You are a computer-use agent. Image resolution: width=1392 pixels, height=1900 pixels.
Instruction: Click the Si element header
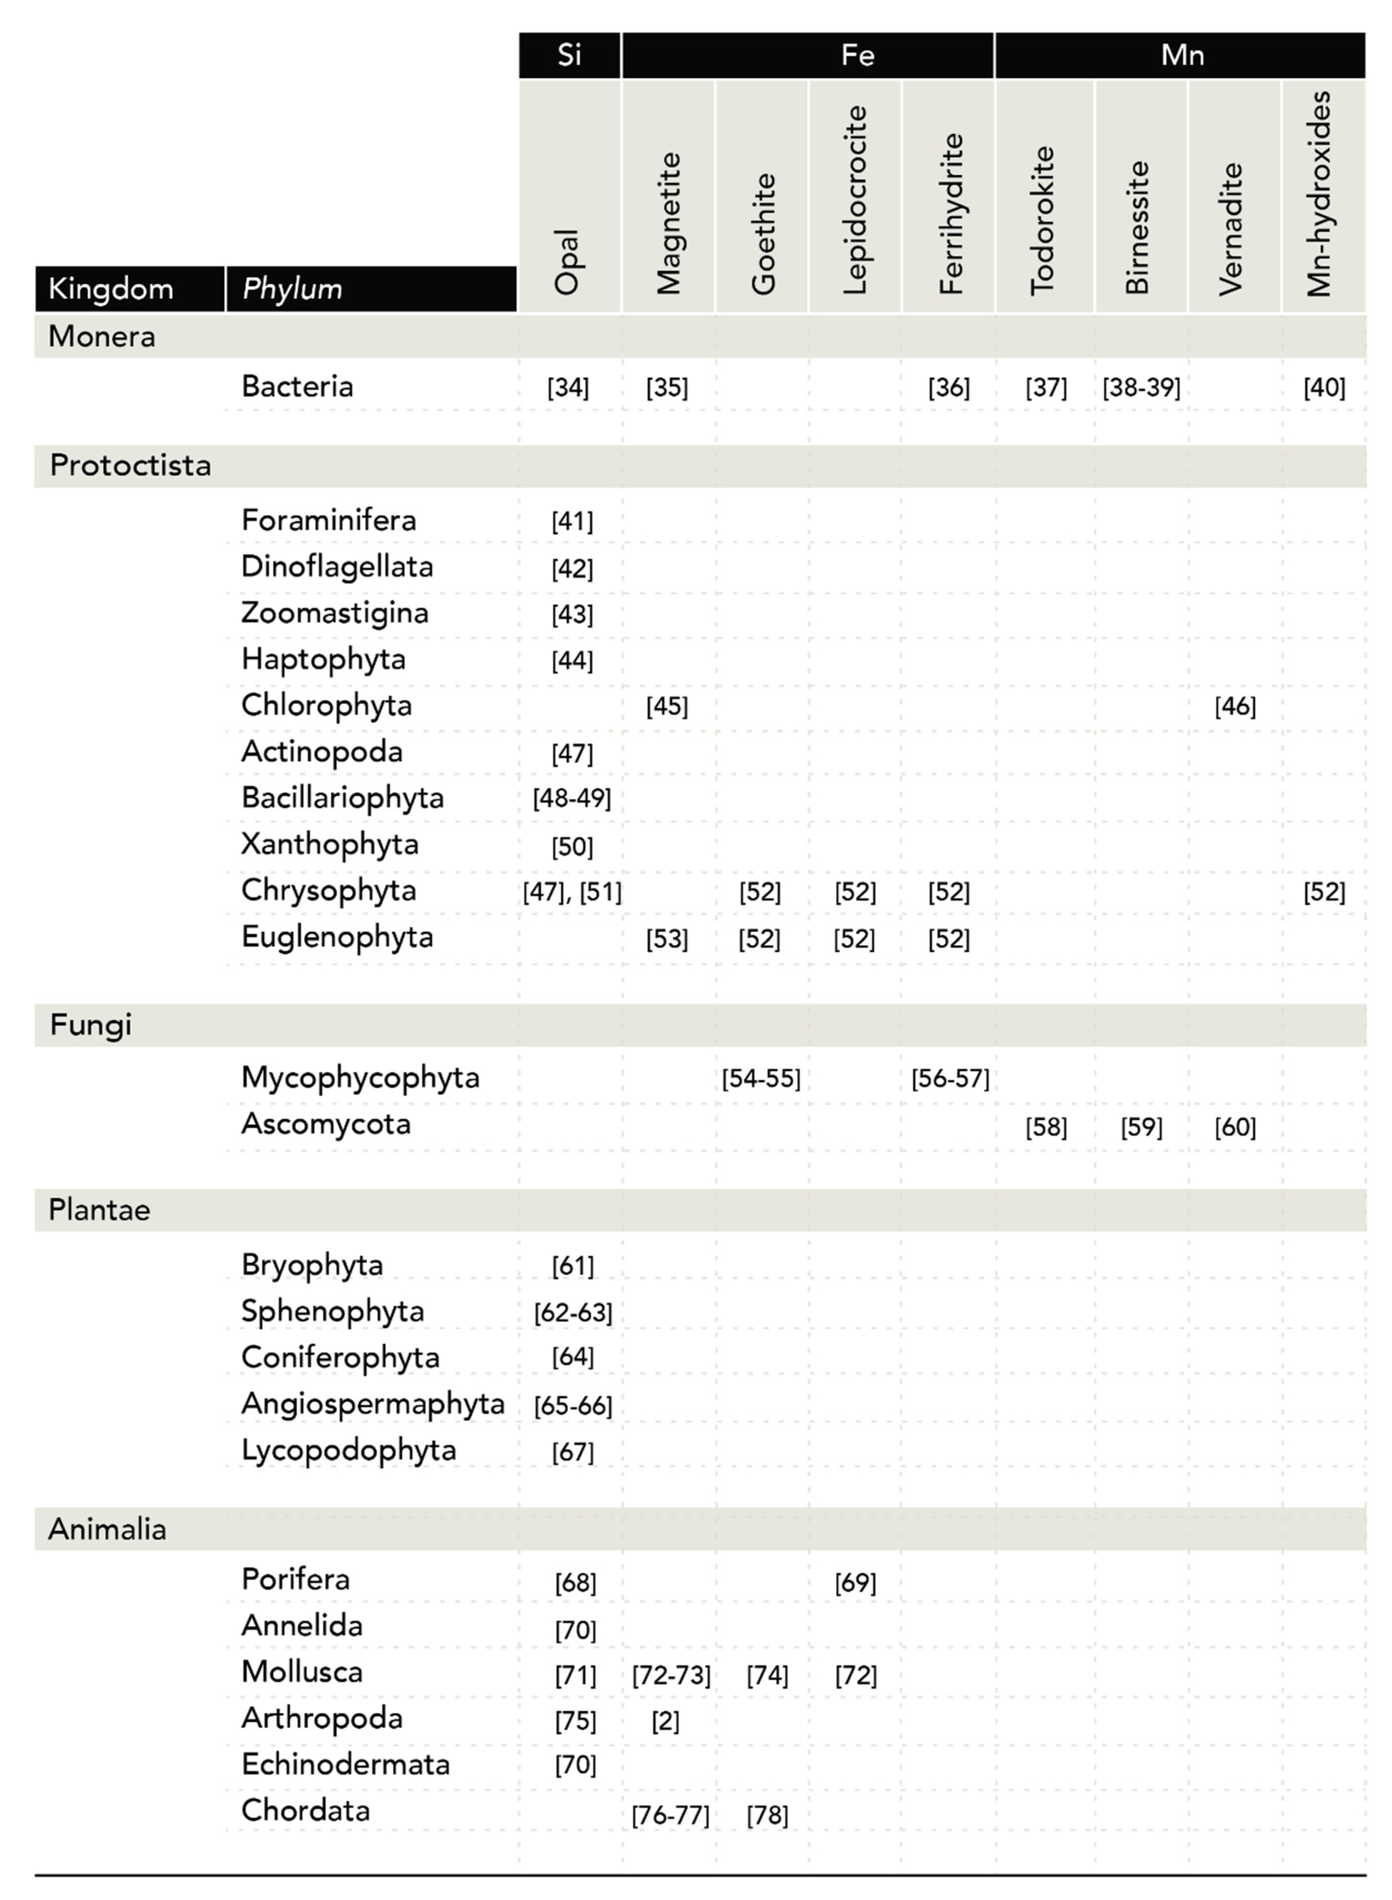(569, 56)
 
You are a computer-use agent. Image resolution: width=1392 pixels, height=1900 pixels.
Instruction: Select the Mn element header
(1182, 56)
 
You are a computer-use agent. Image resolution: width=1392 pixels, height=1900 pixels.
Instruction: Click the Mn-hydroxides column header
(1321, 194)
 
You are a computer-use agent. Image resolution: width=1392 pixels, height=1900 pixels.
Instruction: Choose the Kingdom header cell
(111, 289)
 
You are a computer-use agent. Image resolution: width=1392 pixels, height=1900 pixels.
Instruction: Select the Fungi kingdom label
(91, 1025)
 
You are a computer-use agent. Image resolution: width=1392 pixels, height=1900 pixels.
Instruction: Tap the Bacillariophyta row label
(342, 797)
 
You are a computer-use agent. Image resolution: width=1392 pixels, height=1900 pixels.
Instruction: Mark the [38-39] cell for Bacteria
(1141, 387)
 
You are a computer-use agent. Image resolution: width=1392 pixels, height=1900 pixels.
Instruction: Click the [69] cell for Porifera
(855, 1583)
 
